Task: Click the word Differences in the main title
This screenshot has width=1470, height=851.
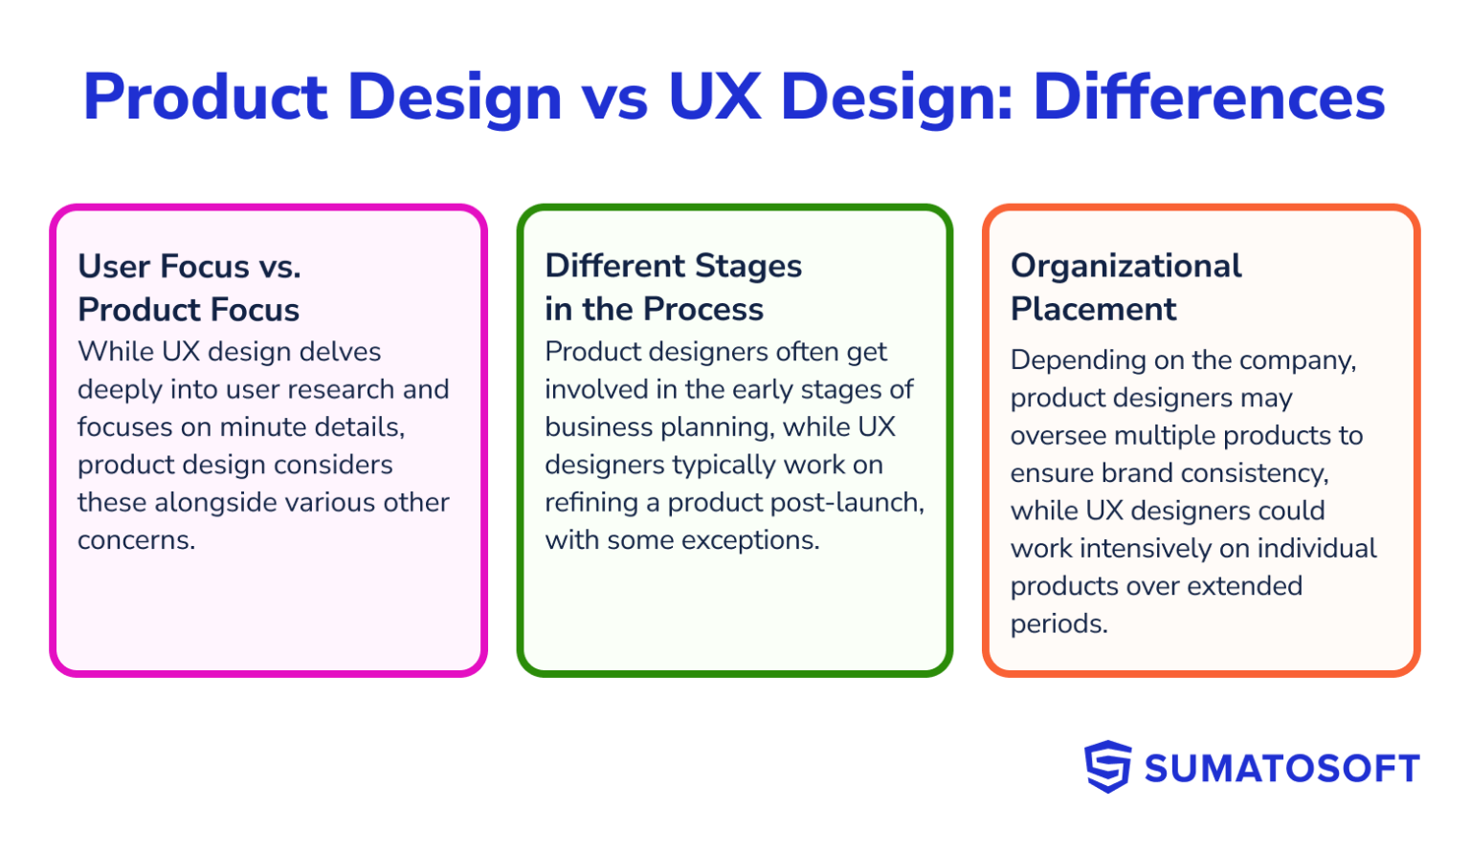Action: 1209,98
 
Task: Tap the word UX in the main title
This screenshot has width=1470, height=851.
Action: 714,98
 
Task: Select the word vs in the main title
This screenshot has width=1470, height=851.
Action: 614,98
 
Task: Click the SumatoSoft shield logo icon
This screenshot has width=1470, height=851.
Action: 1107,767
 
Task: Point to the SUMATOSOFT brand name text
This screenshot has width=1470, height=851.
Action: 1281,769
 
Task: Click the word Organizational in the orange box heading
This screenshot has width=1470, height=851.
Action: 1125,266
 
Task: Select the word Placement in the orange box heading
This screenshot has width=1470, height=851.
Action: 1093,310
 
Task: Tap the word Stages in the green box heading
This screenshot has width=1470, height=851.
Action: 747,266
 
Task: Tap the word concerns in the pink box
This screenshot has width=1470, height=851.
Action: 136,540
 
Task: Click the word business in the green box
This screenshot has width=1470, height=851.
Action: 599,427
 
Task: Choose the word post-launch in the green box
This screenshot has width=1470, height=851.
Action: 852,503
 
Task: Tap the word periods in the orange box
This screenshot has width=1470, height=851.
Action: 1058,624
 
